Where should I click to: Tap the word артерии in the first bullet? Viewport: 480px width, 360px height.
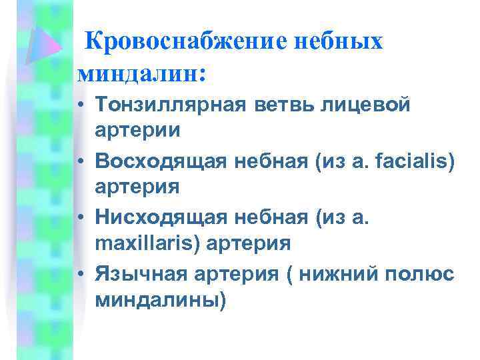pos(137,130)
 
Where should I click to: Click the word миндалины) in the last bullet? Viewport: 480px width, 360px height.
pos(161,300)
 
